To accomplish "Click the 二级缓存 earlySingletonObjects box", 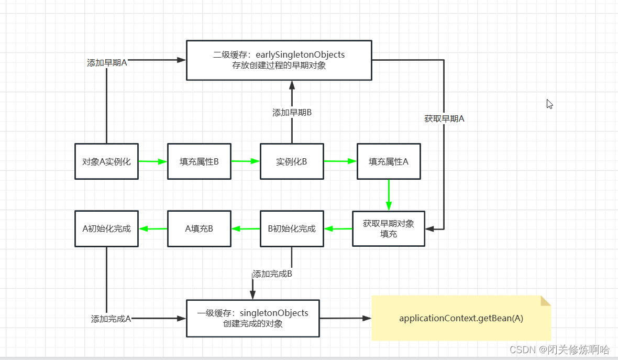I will click(279, 60).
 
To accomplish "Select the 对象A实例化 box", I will click(106, 161).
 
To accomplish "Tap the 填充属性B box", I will click(199, 161).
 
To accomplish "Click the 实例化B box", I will click(292, 161).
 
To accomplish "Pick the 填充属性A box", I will click(389, 161).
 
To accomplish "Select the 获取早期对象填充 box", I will click(389, 228).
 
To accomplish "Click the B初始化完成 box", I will click(292, 228).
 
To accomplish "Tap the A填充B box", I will click(199, 228).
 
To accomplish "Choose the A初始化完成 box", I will click(106, 228).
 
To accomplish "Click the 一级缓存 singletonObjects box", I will click(253, 318).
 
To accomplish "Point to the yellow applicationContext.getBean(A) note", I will click(461, 318).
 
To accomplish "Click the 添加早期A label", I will click(107, 62).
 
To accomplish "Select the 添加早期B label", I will click(292, 112).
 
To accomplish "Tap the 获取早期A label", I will click(444, 118).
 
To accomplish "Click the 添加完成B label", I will click(272, 274).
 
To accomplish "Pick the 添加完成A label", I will click(111, 319).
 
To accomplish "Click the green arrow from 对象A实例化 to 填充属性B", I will click(152, 161).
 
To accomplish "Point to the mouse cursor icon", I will click(549, 104).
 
